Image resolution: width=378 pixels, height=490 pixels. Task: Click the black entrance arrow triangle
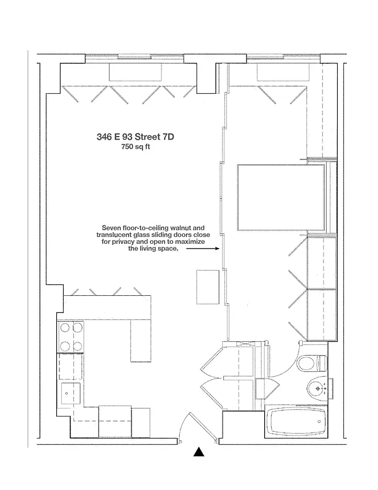coord(198,453)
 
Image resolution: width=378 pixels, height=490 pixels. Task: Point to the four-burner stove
coord(69,338)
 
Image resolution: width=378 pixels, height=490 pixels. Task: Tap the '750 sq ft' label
coord(136,148)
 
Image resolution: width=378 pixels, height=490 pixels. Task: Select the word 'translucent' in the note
coord(116,235)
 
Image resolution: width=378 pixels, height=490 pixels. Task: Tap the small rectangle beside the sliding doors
coord(207,287)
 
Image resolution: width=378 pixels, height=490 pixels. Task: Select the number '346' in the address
coord(104,137)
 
